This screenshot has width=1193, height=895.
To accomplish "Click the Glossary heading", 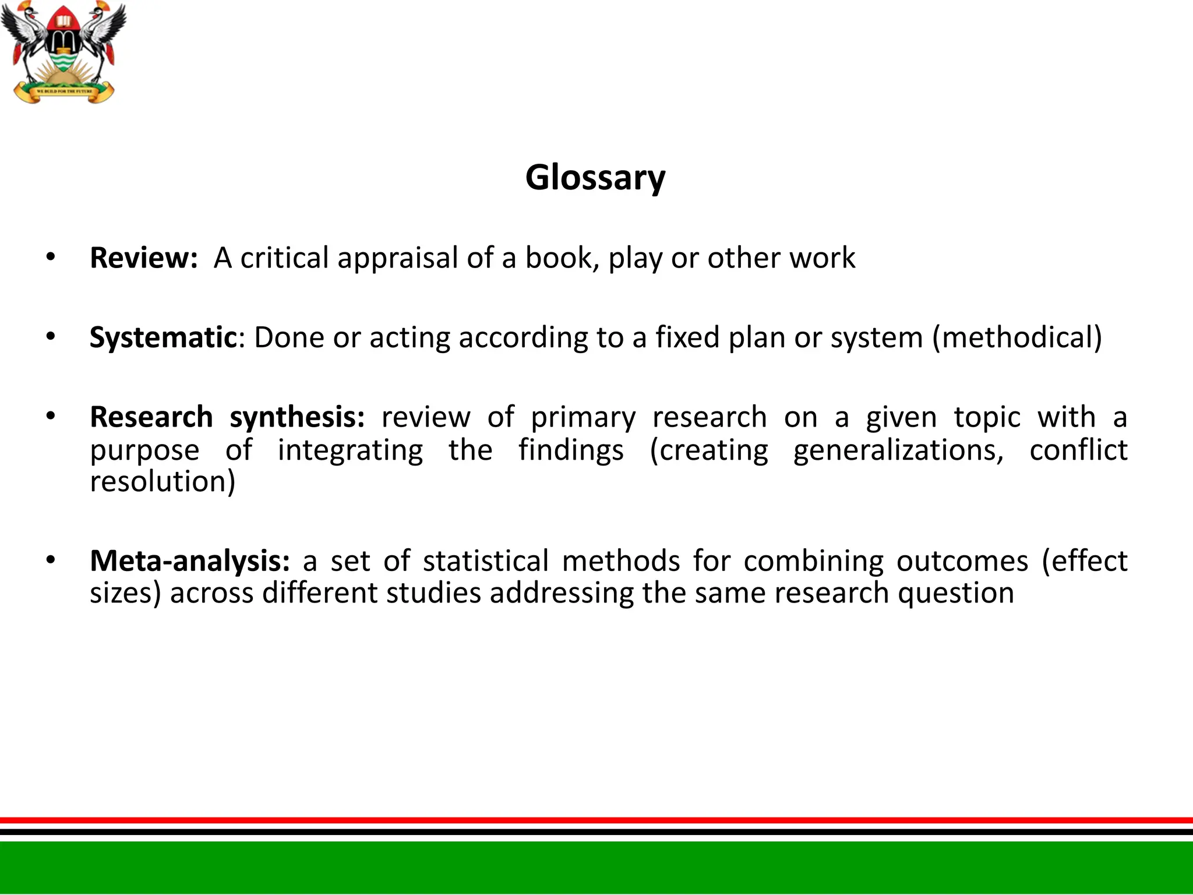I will click(x=595, y=177).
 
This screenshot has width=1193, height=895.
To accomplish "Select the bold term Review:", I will click(x=144, y=258).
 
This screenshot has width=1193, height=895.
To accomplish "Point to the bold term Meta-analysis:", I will click(x=190, y=561).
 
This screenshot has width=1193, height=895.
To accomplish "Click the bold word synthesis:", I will click(x=297, y=418).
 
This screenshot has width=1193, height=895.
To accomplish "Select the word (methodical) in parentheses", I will click(x=1016, y=337).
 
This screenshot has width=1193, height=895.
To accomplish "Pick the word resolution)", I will click(x=163, y=482).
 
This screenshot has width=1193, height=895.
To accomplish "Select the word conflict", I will click(x=1078, y=450).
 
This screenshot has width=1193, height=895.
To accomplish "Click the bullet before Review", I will click(x=51, y=257).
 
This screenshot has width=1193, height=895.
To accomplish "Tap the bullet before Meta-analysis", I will click(x=51, y=560).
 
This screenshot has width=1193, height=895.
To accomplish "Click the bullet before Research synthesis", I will click(x=51, y=417).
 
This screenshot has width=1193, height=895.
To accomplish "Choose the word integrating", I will click(x=350, y=450).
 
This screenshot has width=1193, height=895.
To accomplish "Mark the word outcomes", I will click(x=962, y=561).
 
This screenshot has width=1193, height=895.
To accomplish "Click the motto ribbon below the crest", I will click(x=64, y=91).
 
